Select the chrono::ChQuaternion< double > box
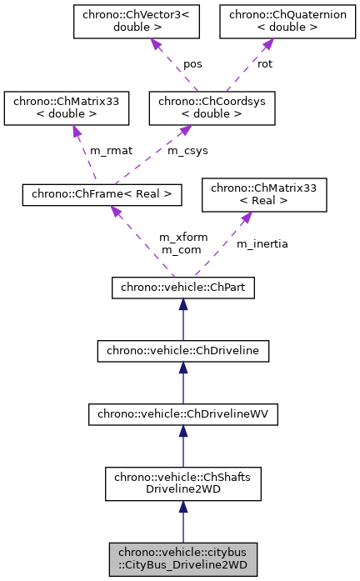[272, 22]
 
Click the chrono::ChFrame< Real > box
[102, 194]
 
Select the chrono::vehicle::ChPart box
[182, 288]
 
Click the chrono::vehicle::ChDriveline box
[182, 350]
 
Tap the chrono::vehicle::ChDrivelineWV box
[182, 413]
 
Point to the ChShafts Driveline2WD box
[182, 483]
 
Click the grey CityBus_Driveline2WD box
[182, 559]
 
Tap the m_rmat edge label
[110, 150]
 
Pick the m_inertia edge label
[262, 243]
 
